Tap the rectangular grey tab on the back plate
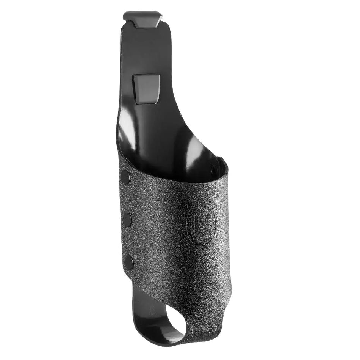coord(146,89)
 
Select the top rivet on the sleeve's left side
coord(125,177)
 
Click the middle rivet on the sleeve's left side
coord(128,219)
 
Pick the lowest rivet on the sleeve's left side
coord(129,262)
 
